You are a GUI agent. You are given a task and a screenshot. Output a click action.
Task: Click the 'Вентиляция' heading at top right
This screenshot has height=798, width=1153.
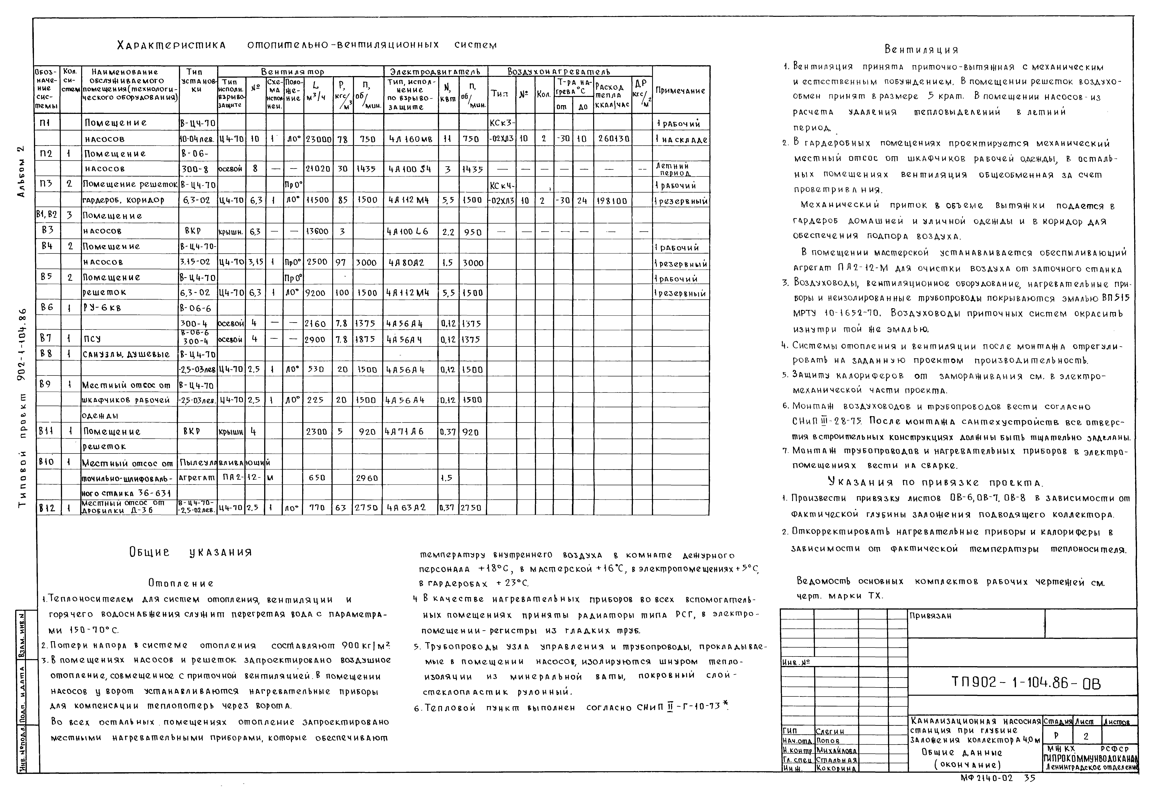(x=921, y=50)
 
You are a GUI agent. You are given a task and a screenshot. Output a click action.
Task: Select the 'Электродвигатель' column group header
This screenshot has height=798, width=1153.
(x=435, y=71)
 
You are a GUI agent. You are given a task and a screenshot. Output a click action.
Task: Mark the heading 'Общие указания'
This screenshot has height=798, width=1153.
(x=190, y=552)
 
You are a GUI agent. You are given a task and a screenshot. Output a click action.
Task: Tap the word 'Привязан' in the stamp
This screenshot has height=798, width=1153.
(x=930, y=616)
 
